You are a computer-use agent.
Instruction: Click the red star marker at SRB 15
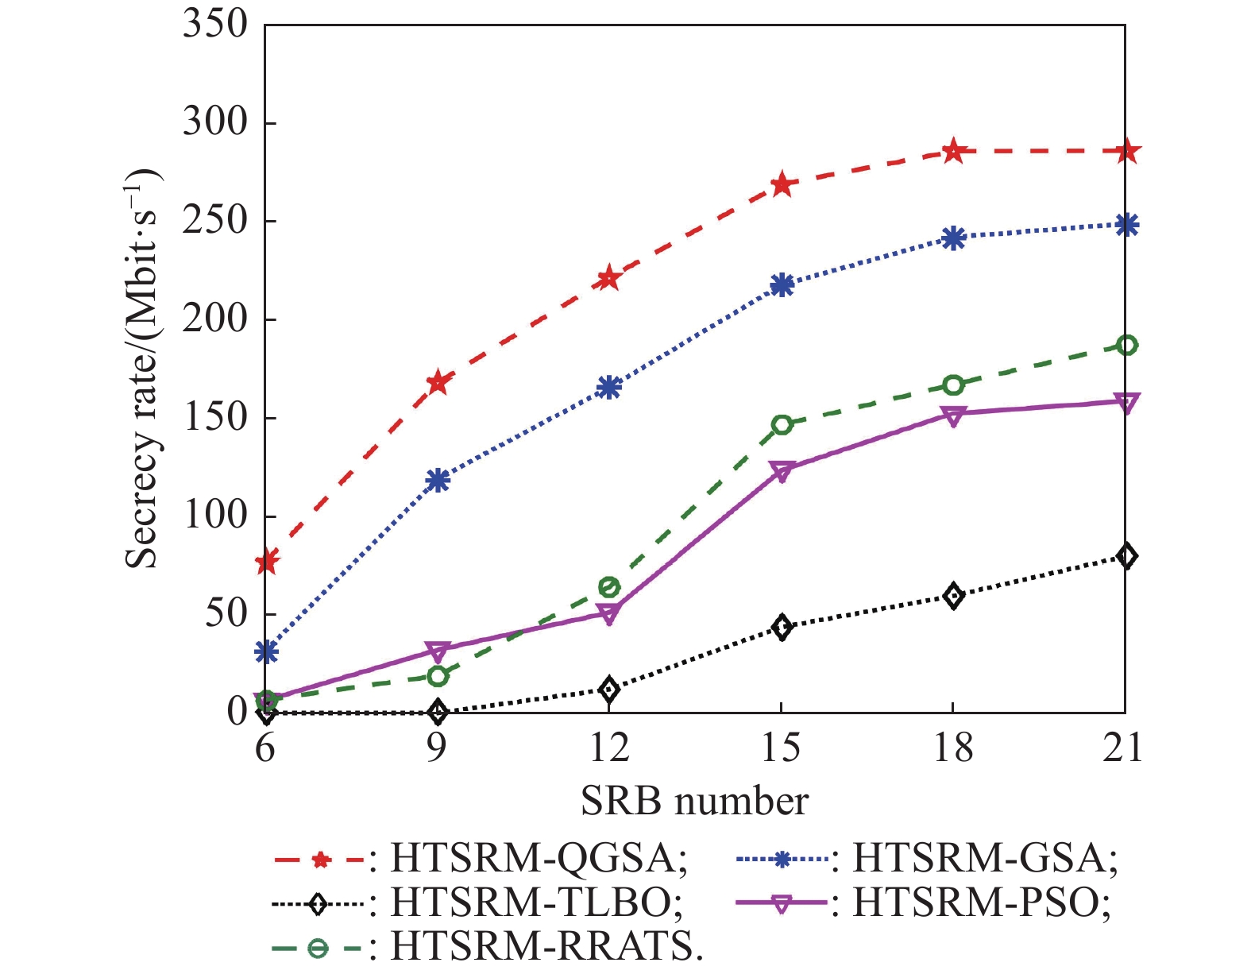point(782,185)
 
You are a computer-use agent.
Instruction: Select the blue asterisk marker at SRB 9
point(438,481)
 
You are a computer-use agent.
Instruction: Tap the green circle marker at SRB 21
point(1126,346)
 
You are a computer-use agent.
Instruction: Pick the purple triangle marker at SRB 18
point(954,415)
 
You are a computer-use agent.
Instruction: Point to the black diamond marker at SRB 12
point(609,689)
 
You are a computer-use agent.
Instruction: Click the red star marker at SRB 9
point(438,383)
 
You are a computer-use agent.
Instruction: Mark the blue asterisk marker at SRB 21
point(1126,225)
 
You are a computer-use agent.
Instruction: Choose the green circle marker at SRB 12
point(609,588)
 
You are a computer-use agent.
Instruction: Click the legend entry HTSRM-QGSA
point(539,859)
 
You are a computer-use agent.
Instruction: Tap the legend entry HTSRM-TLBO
point(537,902)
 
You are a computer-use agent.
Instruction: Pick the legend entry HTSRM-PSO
point(982,902)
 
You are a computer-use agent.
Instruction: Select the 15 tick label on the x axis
point(782,748)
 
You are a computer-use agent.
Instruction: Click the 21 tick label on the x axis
point(1123,748)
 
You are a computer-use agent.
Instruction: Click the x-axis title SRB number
point(694,801)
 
